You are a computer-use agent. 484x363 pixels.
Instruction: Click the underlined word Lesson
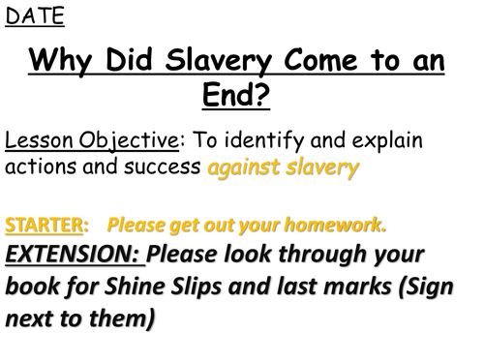37,141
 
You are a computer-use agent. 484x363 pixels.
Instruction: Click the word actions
39,167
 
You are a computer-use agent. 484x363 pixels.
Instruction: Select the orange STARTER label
45,226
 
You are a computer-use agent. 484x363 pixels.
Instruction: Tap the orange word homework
334,226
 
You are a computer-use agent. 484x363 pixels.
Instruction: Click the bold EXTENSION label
74,256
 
